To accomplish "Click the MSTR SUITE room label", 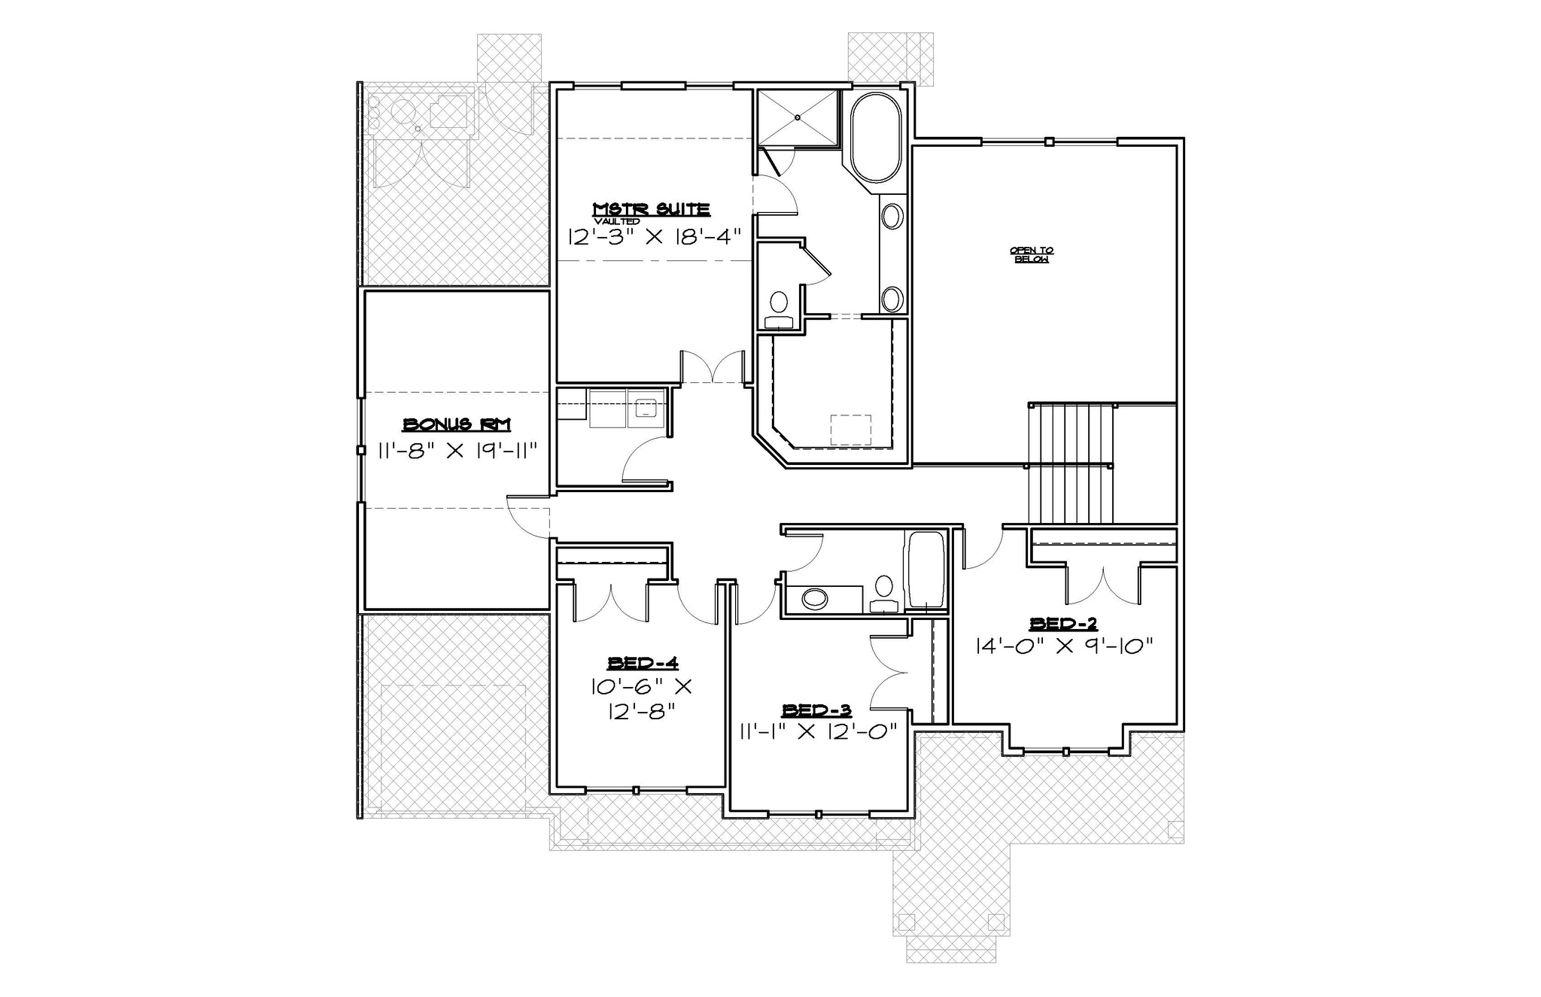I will click(x=652, y=208).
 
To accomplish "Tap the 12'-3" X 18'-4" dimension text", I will click(x=654, y=236).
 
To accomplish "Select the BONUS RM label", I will click(x=457, y=425).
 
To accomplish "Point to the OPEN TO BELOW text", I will click(x=1031, y=254).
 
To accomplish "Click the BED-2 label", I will click(x=1063, y=623).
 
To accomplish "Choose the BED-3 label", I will click(x=816, y=710).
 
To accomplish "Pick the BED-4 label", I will click(x=643, y=663).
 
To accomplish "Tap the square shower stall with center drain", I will click(x=797, y=117).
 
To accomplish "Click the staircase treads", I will click(x=1070, y=463).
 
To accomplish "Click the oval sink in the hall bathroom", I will click(x=815, y=599).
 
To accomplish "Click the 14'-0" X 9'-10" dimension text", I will click(x=1063, y=646).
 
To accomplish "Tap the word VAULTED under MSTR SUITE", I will click(x=616, y=222).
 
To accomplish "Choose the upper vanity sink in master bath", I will click(x=892, y=217).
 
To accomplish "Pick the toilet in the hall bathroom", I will click(x=883, y=593).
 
